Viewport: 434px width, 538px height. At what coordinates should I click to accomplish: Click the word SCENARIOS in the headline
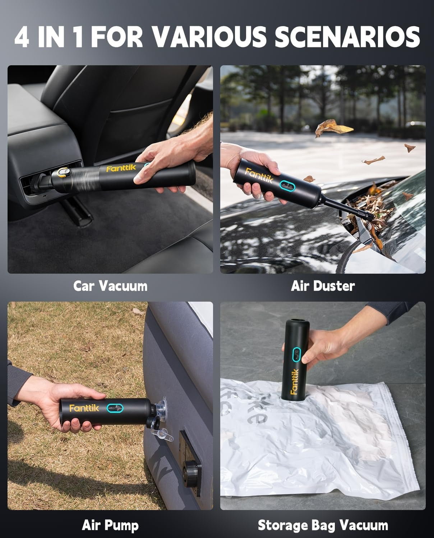pos(347,37)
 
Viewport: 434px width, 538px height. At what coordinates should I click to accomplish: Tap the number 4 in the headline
pos(22,37)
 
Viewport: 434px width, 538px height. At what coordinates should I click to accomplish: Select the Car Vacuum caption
pos(110,286)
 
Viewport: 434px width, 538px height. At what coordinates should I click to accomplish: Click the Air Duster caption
pos(323,286)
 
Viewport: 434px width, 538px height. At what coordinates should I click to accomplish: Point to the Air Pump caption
pos(110,525)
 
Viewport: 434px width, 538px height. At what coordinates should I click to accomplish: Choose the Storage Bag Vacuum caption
pos(323,525)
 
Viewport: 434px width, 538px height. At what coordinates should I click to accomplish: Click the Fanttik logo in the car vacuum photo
pos(121,168)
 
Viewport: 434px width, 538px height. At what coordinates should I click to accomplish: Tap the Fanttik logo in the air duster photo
pos(259,175)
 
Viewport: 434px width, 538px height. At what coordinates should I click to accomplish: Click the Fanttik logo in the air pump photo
pos(84,408)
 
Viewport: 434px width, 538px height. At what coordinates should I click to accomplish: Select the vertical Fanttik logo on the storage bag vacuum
pos(294,382)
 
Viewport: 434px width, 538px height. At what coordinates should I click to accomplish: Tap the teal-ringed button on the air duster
pos(287,186)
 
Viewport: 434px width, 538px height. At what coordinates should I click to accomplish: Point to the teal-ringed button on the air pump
pos(115,408)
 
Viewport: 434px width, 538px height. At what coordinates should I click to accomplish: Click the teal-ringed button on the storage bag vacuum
pos(296,354)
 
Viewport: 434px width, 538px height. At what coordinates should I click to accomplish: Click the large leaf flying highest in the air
pos(332,128)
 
